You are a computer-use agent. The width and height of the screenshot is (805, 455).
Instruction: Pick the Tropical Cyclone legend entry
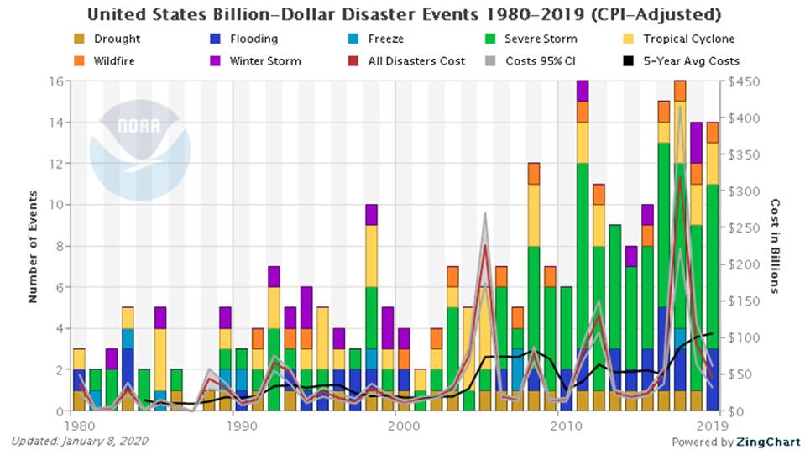(680, 39)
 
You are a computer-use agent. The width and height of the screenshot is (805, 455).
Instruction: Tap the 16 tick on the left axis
(58, 81)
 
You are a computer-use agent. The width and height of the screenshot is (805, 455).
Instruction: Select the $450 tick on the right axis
(746, 81)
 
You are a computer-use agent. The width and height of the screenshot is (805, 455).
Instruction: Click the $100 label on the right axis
(746, 337)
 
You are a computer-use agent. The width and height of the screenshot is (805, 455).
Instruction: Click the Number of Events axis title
(33, 246)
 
